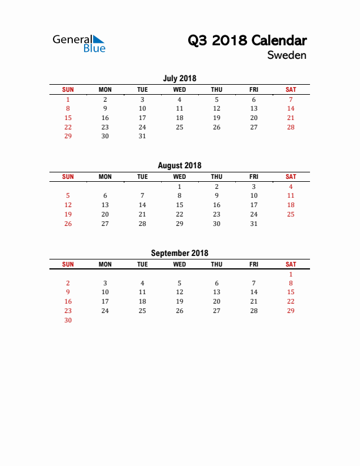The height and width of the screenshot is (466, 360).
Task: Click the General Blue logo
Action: [x=79, y=44]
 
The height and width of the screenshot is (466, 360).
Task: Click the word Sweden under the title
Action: [x=286, y=55]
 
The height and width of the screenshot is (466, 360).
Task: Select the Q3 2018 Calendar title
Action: [x=247, y=41]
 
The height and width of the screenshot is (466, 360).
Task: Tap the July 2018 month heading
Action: [x=179, y=78]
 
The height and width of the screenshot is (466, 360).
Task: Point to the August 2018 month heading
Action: [x=179, y=165]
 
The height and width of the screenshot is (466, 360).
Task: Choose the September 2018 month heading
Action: [x=179, y=253]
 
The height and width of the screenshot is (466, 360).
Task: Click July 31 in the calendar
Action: [x=142, y=136]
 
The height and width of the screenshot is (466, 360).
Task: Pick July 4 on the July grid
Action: [x=179, y=99]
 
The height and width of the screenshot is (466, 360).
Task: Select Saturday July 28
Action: [x=291, y=127]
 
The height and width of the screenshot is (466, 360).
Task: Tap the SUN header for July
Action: [x=68, y=89]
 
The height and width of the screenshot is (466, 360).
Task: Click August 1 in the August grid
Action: [x=179, y=187]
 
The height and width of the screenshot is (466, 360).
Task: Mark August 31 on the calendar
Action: [x=254, y=224]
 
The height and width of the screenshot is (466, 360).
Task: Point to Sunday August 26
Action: [x=68, y=224]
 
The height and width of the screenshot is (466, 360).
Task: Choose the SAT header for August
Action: [x=291, y=177]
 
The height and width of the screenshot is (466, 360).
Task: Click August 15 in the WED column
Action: [x=179, y=205]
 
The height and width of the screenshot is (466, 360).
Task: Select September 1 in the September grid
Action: [x=291, y=274]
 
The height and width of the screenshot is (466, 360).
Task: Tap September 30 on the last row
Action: [x=68, y=320]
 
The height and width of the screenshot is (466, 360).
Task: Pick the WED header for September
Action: [x=179, y=264]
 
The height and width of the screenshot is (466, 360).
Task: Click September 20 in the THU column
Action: [x=216, y=301]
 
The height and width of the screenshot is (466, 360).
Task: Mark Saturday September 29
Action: [x=291, y=311]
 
